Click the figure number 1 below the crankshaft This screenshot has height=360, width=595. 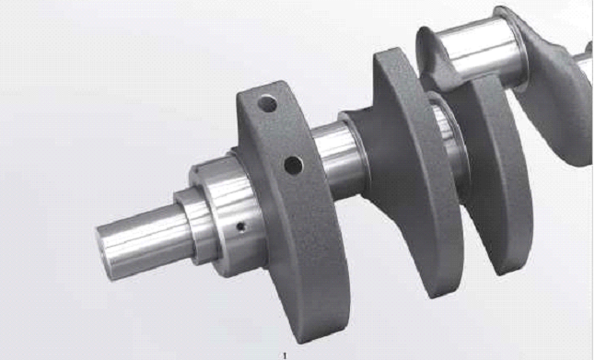[x=285, y=355]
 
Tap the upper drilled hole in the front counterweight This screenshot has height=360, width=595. [x=267, y=104]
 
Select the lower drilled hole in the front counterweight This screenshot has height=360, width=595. [x=293, y=166]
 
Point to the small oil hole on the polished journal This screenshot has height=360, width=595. [x=241, y=226]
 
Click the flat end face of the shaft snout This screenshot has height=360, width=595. [x=104, y=254]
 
